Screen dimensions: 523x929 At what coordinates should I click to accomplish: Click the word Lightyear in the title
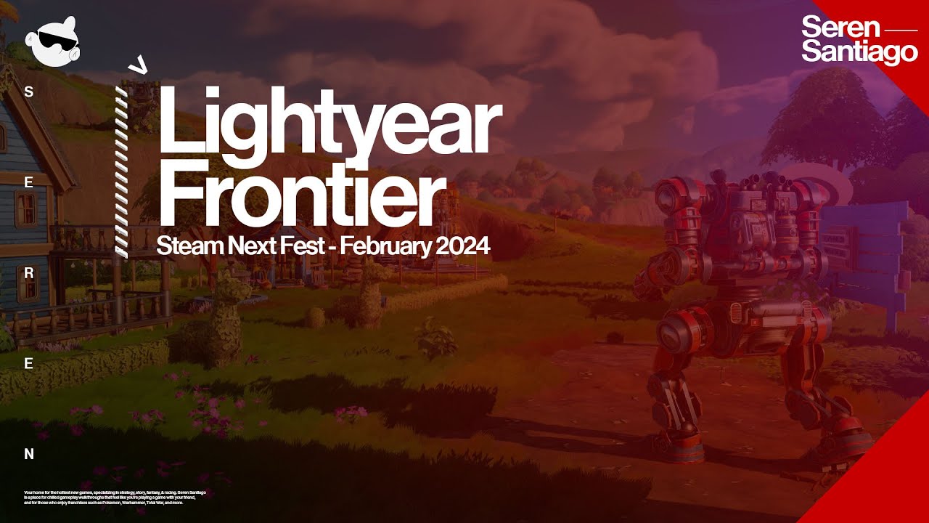click(329, 120)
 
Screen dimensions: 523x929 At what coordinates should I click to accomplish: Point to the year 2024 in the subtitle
click(462, 247)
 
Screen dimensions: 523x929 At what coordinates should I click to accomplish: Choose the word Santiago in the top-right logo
click(859, 52)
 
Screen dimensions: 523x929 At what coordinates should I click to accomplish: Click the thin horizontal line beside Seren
click(903, 31)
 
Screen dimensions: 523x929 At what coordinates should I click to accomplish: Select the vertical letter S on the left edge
click(29, 92)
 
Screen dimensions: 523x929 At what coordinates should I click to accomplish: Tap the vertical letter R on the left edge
click(29, 274)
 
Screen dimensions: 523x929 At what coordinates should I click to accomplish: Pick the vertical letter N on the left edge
click(29, 455)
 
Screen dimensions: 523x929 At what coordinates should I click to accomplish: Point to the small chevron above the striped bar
click(137, 66)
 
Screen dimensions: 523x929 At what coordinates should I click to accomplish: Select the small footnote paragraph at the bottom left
click(115, 498)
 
